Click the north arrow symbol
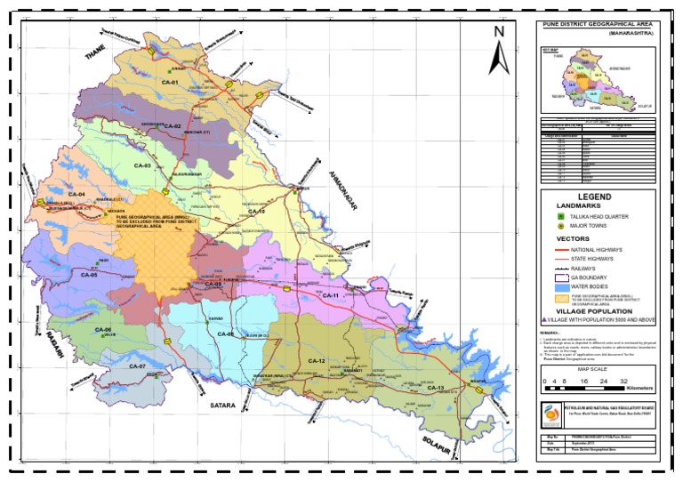(499, 51)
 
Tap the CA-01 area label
(170, 83)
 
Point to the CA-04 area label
(76, 194)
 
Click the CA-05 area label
(86, 275)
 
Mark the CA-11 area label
(331, 295)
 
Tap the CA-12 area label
(317, 360)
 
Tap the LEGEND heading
(595, 197)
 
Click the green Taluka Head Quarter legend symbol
(561, 216)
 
